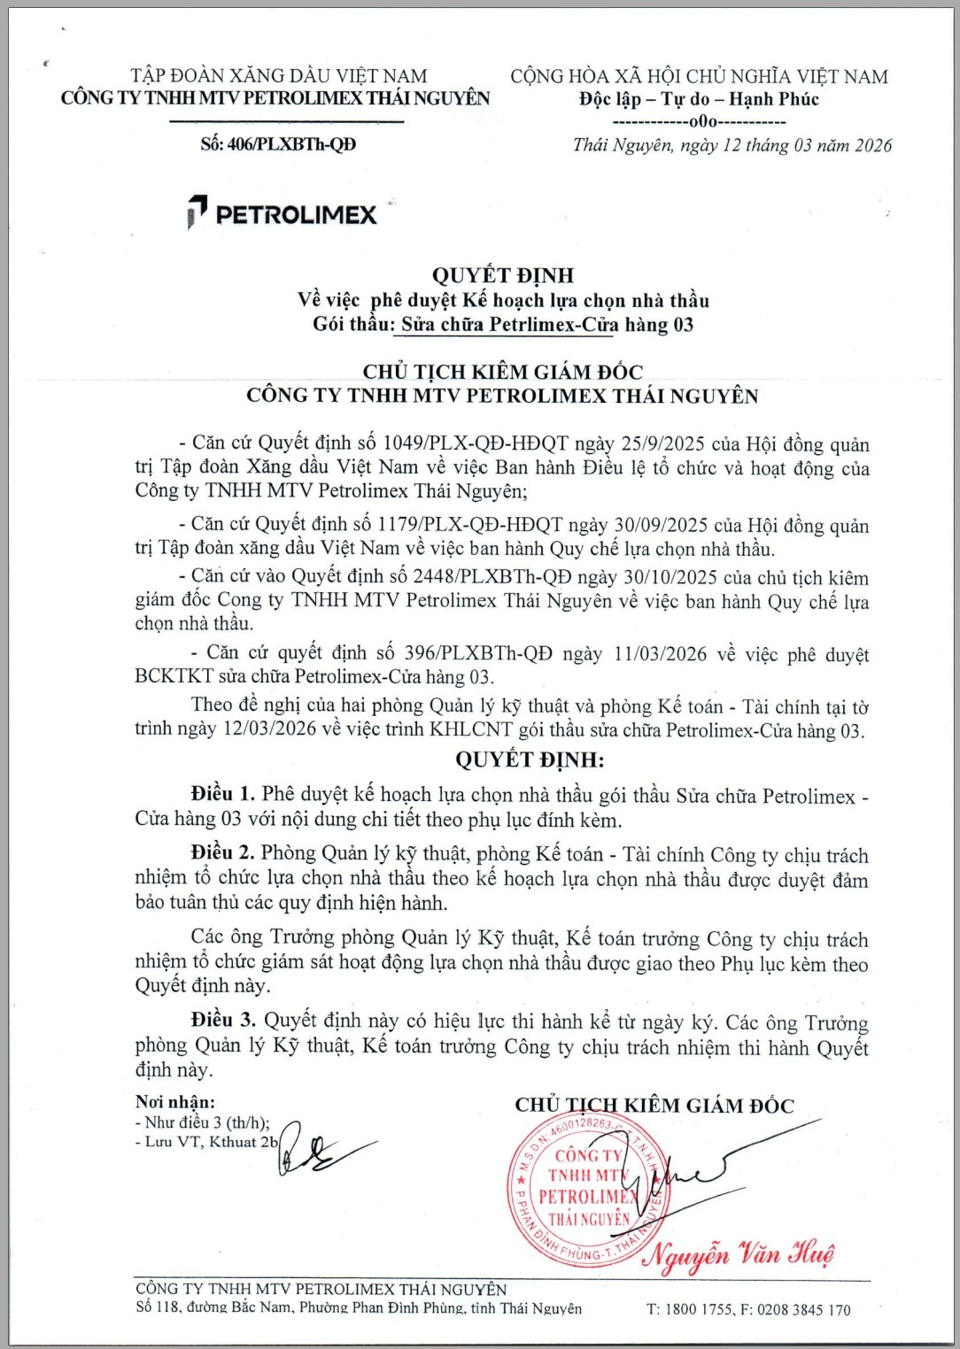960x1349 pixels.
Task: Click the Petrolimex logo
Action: pyautogui.click(x=283, y=213)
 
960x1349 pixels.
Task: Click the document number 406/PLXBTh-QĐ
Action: pyautogui.click(x=291, y=144)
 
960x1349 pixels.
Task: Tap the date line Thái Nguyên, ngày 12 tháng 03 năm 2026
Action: pyautogui.click(x=732, y=146)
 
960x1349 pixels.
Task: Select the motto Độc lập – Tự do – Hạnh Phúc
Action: pyautogui.click(x=699, y=99)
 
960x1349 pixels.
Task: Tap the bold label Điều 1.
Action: pyautogui.click(x=222, y=794)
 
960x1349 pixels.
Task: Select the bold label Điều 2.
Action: pyautogui.click(x=222, y=852)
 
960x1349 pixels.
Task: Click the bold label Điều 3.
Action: pyautogui.click(x=222, y=1021)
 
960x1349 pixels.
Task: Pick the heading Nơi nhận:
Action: pyautogui.click(x=175, y=1102)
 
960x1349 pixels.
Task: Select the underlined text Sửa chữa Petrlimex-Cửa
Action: pyautogui.click(x=509, y=325)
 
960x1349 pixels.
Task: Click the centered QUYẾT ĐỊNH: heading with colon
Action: pyautogui.click(x=530, y=760)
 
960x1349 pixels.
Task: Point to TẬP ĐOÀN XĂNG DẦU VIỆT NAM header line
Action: pyautogui.click(x=278, y=76)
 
